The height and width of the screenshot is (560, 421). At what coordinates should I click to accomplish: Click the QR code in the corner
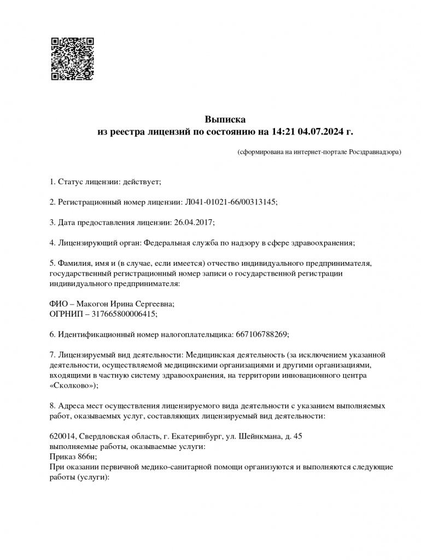(72, 59)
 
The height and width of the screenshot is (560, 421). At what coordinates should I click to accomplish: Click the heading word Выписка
(225, 119)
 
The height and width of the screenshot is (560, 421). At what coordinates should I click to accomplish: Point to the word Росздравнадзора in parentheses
(373, 151)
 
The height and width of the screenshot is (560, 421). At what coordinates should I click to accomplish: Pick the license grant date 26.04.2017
(195, 222)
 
